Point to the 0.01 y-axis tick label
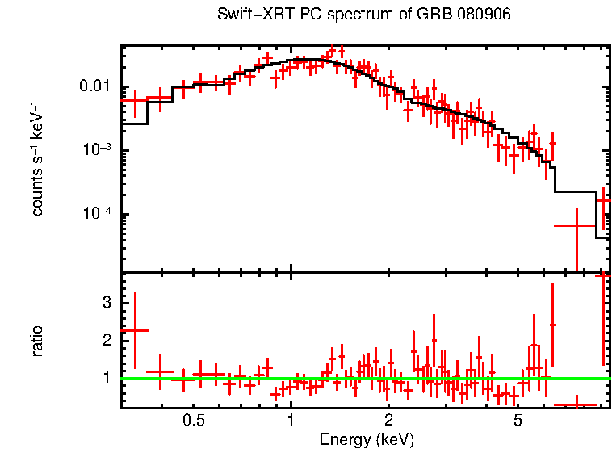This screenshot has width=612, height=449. [96, 87]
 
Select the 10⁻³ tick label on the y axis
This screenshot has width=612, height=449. [99, 151]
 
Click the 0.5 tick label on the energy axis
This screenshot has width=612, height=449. [193, 420]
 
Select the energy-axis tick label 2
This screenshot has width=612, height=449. [388, 420]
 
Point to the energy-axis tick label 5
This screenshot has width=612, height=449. [518, 420]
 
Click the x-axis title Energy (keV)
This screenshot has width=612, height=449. [367, 439]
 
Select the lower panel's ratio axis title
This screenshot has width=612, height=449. [37, 341]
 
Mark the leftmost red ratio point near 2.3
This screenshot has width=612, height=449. [135, 330]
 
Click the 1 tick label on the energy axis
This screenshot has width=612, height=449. [291, 420]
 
